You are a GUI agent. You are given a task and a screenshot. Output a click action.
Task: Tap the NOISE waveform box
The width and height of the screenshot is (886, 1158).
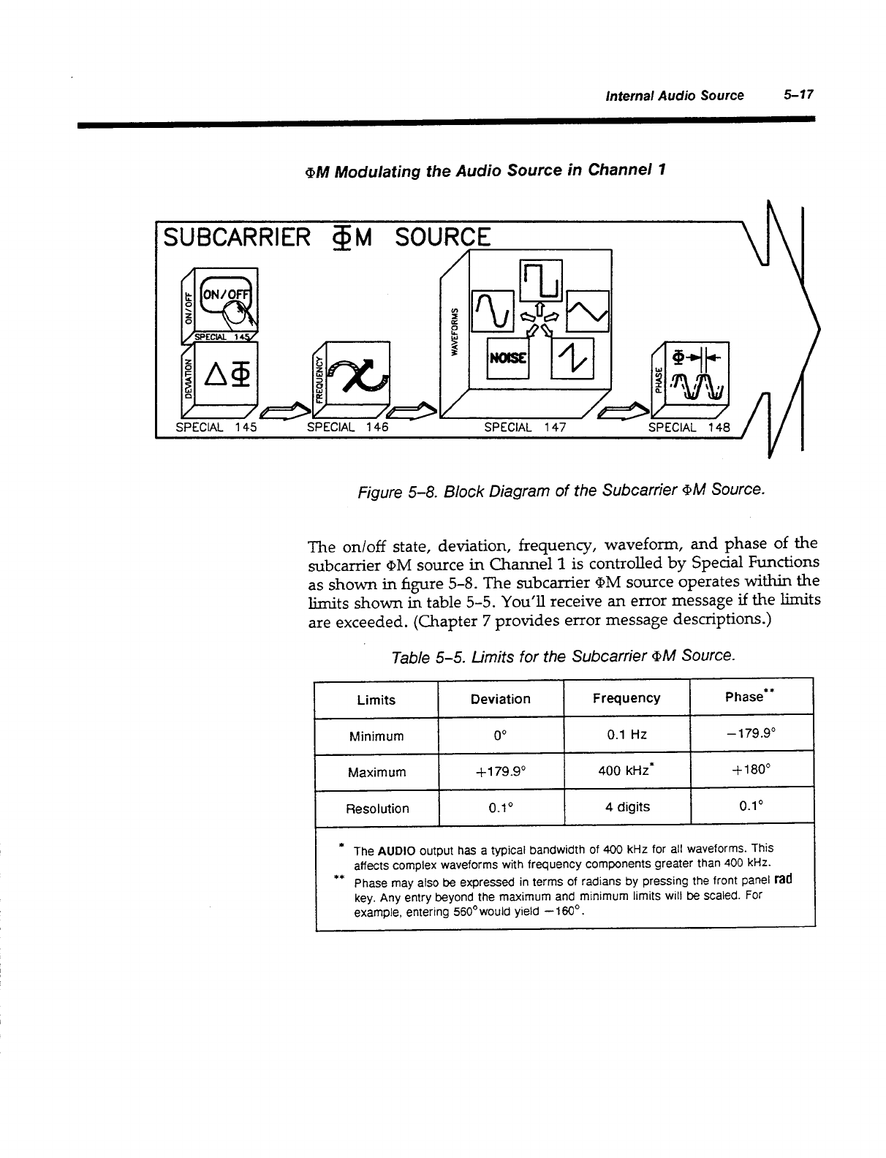coord(502,359)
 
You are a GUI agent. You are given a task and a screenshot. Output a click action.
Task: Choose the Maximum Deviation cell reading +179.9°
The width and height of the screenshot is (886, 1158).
coord(500,771)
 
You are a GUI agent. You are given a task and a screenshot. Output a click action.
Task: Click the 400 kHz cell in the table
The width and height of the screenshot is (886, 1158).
coord(626,771)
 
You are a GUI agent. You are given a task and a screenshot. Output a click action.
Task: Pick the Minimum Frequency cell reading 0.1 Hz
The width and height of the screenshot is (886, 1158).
coord(626,735)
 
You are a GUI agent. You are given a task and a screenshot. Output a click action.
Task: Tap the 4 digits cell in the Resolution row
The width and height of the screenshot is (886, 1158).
coord(626,807)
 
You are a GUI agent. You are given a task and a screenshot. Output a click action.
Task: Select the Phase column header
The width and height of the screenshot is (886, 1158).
coord(749,697)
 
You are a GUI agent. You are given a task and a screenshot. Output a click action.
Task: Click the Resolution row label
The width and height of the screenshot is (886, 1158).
coord(376,809)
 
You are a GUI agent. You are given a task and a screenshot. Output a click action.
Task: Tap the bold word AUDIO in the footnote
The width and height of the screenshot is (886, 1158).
coord(397,851)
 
